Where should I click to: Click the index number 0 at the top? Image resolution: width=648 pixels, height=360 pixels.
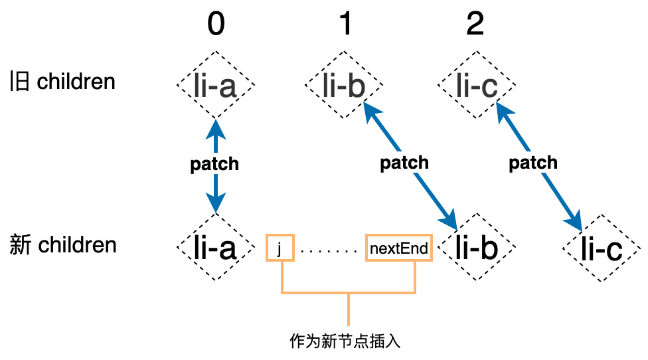click(216, 25)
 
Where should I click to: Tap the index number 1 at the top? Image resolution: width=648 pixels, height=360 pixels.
click(345, 25)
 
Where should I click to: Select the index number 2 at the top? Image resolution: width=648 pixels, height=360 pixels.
click(475, 25)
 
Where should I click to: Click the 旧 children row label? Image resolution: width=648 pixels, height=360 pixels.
click(63, 82)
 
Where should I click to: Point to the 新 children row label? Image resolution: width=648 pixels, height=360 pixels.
click(64, 245)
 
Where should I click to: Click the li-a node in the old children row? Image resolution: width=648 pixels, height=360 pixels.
click(216, 87)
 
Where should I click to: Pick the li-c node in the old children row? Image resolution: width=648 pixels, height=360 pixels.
click(477, 87)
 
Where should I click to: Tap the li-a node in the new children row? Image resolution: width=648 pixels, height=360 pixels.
click(216, 248)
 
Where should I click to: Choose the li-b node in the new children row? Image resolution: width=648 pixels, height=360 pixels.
click(477, 248)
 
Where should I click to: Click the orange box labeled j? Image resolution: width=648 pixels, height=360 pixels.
click(280, 248)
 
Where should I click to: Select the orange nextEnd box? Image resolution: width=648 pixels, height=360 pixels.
click(398, 248)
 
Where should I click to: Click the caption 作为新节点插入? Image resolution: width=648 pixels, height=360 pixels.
click(346, 342)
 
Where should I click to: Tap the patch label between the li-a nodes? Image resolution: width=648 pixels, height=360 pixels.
click(214, 164)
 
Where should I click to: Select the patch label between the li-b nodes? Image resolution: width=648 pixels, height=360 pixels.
click(404, 163)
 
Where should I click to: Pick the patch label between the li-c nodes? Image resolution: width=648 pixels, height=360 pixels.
click(533, 163)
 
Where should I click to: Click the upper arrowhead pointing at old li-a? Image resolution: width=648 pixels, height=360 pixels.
click(216, 126)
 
